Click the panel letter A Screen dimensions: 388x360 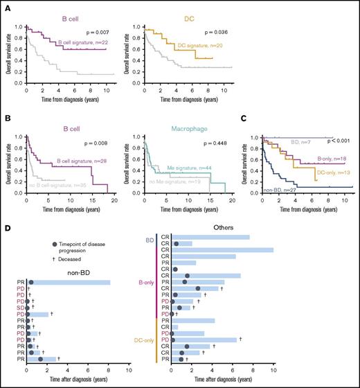pyautogui.click(x=5, y=5)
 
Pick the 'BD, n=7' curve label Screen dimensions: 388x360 pyautogui.click(x=299, y=139)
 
